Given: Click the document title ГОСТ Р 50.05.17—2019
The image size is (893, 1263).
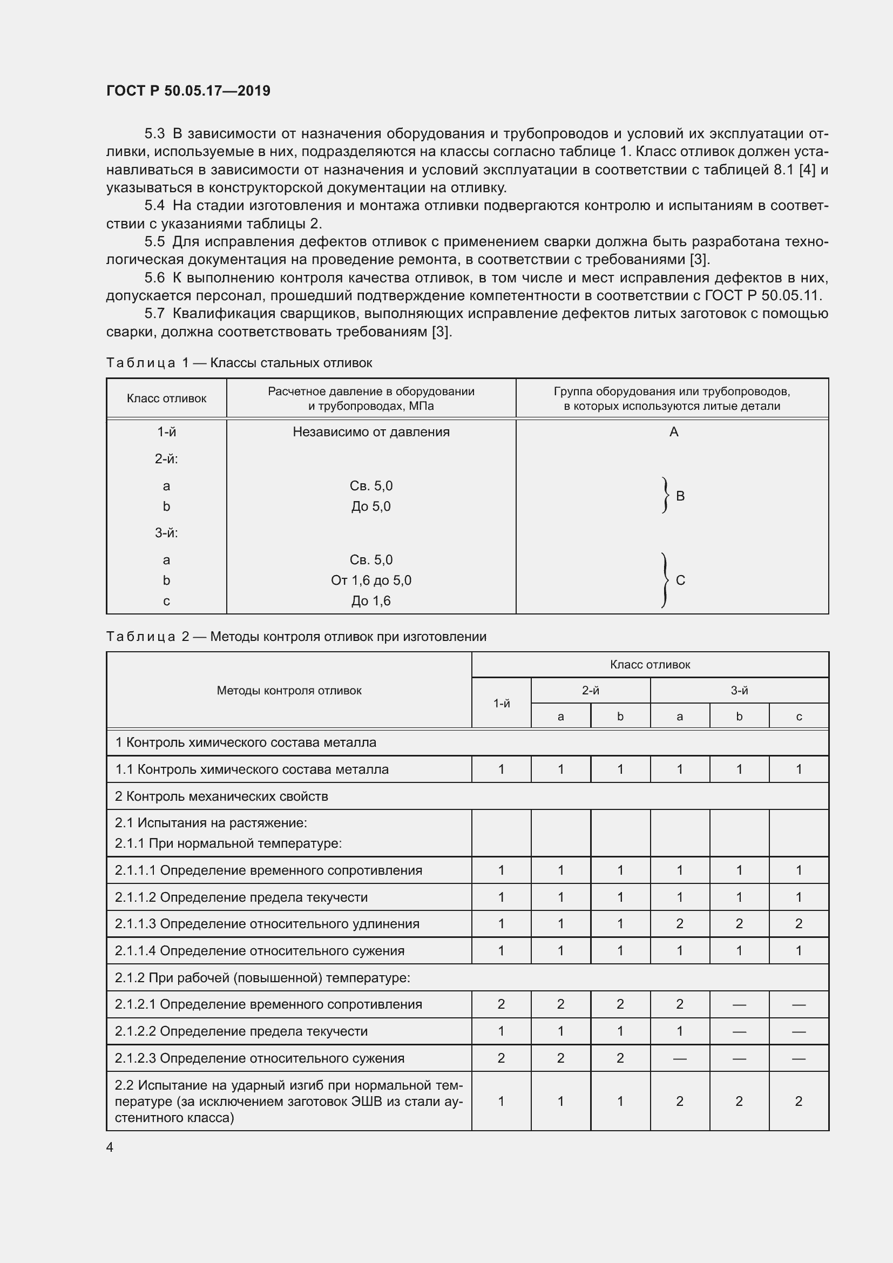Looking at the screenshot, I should pyautogui.click(x=188, y=91).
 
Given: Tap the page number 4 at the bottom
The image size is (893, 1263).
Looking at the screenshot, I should pyautogui.click(x=110, y=1147).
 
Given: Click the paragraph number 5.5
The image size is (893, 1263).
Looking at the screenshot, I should pyautogui.click(x=154, y=241).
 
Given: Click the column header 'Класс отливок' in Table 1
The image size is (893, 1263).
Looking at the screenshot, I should pyautogui.click(x=166, y=399).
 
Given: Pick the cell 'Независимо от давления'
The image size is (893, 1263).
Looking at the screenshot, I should pyautogui.click(x=370, y=432).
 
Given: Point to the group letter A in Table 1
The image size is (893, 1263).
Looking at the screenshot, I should pyautogui.click(x=674, y=432).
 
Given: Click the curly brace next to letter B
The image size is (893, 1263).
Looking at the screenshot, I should pyautogui.click(x=666, y=495).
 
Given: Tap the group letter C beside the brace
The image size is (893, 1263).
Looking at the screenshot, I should pyautogui.click(x=680, y=580).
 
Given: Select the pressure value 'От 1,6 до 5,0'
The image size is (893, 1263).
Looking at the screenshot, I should pyautogui.click(x=370, y=580).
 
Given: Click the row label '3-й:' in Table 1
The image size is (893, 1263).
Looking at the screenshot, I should pyautogui.click(x=166, y=532).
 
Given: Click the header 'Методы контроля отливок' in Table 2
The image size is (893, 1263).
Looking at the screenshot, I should pyautogui.click(x=289, y=691).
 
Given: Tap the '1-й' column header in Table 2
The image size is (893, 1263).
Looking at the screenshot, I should pyautogui.click(x=501, y=703).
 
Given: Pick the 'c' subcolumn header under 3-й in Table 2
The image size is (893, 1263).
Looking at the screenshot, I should pyautogui.click(x=799, y=716).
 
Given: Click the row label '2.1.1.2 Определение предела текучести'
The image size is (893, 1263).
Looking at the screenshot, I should pyautogui.click(x=241, y=897).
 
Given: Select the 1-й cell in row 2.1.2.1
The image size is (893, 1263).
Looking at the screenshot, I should pyautogui.click(x=501, y=1004).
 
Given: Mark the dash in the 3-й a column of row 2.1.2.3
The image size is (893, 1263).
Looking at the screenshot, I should pyautogui.click(x=680, y=1058).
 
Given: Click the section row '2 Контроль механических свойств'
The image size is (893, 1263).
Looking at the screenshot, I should pyautogui.click(x=221, y=796).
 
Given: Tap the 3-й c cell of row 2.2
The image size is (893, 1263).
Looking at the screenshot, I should pyautogui.click(x=799, y=1100).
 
